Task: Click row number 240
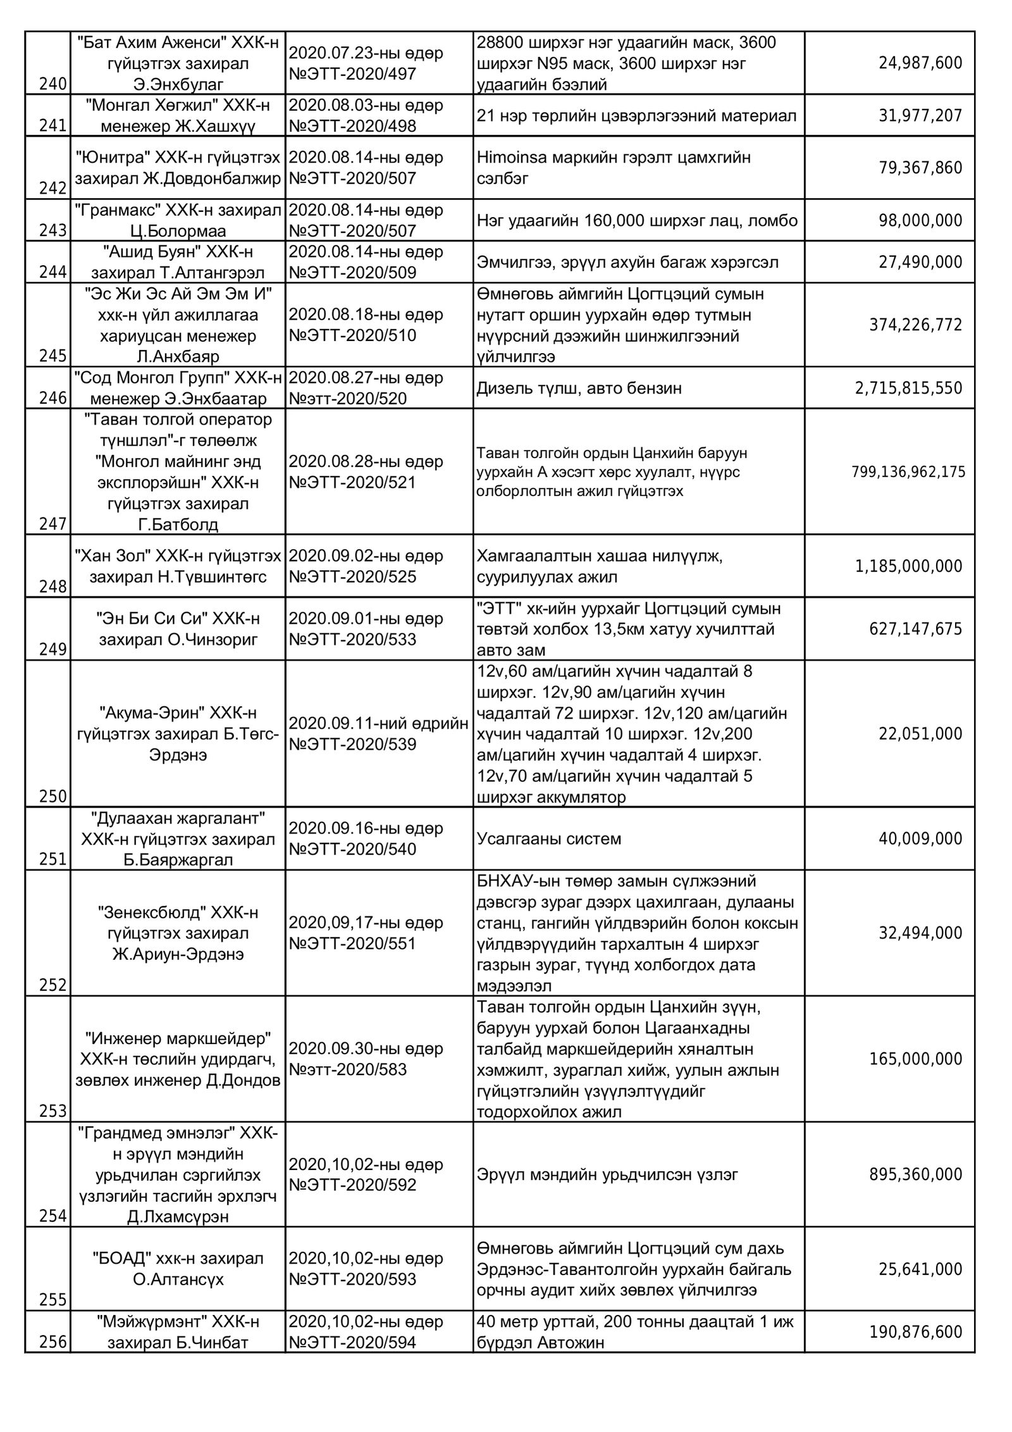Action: pyautogui.click(x=52, y=84)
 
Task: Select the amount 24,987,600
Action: pyautogui.click(x=920, y=63)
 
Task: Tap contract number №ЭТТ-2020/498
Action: pyautogui.click(x=352, y=126)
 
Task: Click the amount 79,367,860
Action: pyautogui.click(x=920, y=168)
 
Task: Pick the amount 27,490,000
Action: pyautogui.click(x=920, y=262)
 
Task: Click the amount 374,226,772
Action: pyautogui.click(x=915, y=325)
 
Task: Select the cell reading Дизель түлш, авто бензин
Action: pyautogui.click(x=579, y=388)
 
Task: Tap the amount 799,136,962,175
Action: pyautogui.click(x=908, y=472)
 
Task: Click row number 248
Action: pyautogui.click(x=52, y=587)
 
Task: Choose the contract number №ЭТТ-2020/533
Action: pyautogui.click(x=352, y=639)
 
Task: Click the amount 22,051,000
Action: pyautogui.click(x=920, y=733)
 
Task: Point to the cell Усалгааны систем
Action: pyautogui.click(x=549, y=838)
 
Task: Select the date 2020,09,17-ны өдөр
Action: pyautogui.click(x=366, y=923)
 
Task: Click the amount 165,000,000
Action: pyautogui.click(x=915, y=1059)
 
